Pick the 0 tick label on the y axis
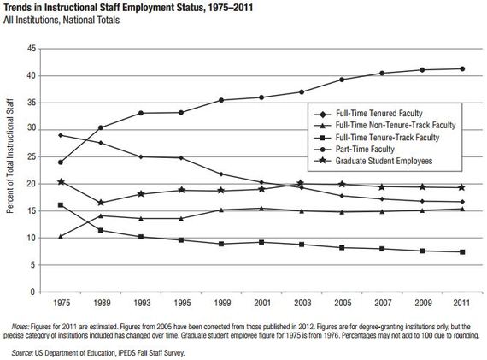[x=32, y=292]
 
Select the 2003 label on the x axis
[x=301, y=304]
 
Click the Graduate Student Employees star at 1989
[x=100, y=203]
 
